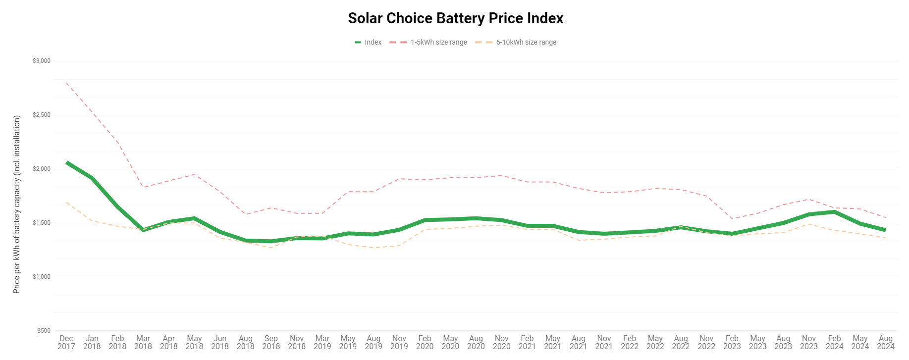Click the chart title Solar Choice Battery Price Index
(x=455, y=18)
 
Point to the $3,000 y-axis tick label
(x=42, y=61)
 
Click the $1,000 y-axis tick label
(x=42, y=277)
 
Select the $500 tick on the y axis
(x=44, y=331)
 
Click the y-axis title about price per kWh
(x=17, y=205)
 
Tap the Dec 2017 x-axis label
(x=66, y=342)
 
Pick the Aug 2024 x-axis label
(x=885, y=342)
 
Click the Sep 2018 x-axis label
(x=271, y=342)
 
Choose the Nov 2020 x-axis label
(x=501, y=342)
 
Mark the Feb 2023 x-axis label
(x=732, y=342)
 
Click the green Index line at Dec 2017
(x=67, y=162)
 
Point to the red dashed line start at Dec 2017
(x=66, y=83)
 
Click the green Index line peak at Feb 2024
(x=834, y=212)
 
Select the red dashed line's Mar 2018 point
(x=143, y=187)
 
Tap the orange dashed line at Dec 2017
(x=66, y=202)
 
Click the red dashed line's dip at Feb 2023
(x=732, y=218)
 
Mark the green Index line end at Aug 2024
(x=885, y=230)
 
